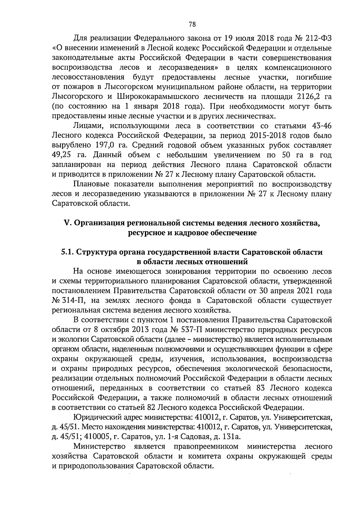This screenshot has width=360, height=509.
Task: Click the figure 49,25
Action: pyautogui.click(x=63, y=155)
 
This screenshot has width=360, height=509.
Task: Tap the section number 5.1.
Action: pyautogui.click(x=68, y=252)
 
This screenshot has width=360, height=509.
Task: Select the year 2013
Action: pyautogui.click(x=139, y=330)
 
